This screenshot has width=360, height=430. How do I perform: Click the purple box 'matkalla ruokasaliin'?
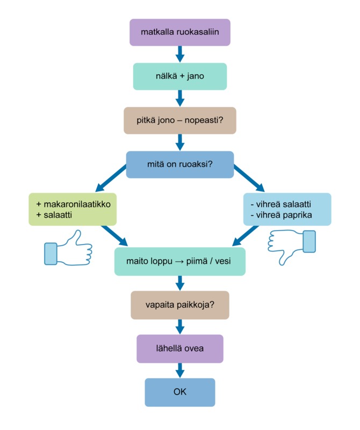coord(180,32)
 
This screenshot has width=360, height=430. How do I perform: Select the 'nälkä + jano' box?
coord(180,76)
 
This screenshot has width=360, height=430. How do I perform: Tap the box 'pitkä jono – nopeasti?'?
coord(180,120)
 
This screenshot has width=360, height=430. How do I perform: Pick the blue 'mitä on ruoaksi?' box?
coord(180,164)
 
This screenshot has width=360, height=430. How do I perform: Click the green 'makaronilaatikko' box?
coord(73,209)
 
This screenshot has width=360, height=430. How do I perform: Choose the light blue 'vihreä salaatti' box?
coord(287,209)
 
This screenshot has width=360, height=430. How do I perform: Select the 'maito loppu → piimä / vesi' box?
coord(180,261)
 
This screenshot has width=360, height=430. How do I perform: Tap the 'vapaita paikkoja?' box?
coord(180,305)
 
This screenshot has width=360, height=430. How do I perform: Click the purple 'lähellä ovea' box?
coord(180,348)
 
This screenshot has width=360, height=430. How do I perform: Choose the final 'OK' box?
coord(180,392)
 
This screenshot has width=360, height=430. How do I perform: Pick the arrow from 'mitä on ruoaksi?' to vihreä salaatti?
coord(249,180)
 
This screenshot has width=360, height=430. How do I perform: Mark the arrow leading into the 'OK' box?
coord(180,370)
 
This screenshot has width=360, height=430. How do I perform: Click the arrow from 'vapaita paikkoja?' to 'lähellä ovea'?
coord(180,326)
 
